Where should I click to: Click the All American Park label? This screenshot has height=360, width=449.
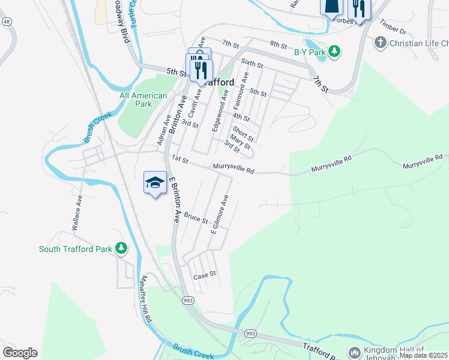(143, 100)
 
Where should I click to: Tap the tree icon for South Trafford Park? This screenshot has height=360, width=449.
(121, 248)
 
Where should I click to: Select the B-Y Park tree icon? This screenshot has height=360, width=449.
(336, 52)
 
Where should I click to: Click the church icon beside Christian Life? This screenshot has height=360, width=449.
(379, 43)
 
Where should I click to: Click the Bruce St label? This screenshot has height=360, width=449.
(196, 217)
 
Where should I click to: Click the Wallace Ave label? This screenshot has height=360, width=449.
(76, 216)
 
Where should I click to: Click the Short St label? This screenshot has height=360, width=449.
(244, 133)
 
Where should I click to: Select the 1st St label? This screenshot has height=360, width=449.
(180, 159)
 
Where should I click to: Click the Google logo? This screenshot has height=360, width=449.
(20, 353)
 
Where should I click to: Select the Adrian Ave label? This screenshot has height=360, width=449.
(160, 130)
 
